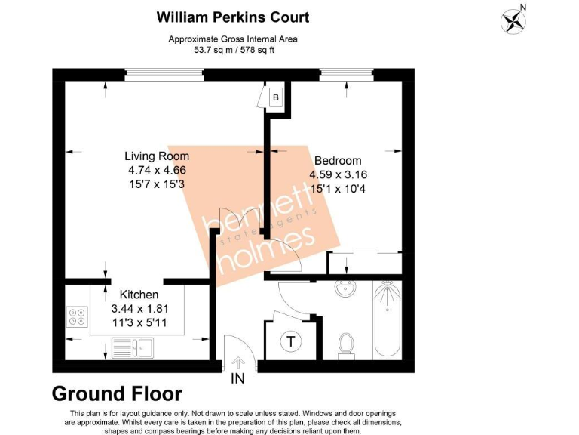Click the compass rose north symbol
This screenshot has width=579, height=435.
point(513,19)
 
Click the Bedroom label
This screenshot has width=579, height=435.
point(337,161)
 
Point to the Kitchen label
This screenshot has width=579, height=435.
point(139,295)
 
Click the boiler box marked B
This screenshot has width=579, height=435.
point(276,97)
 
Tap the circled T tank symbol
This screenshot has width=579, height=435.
point(290,341)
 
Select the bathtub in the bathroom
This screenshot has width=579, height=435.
point(388,319)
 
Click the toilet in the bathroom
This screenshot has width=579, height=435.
point(347,344)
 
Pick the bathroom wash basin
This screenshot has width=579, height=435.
point(348,289)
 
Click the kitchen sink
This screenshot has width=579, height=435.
point(133,347)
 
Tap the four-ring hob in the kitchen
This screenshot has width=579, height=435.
point(76,316)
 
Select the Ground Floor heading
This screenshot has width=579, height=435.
point(117,393)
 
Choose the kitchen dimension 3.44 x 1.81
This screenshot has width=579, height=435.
point(139,308)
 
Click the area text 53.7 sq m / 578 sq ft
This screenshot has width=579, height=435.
point(231,51)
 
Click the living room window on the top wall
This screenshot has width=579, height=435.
point(164,74)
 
